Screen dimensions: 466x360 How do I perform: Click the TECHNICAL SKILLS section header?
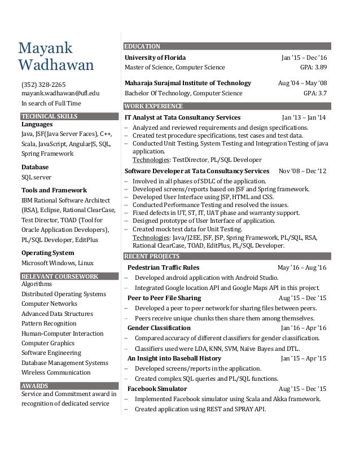pos(49,116)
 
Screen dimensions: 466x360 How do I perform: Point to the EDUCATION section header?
pos(142,46)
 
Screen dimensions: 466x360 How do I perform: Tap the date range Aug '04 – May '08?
pos(302,83)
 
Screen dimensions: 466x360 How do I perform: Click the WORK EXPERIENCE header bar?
pos(153,106)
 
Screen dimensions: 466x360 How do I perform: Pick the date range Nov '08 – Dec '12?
pos(302,170)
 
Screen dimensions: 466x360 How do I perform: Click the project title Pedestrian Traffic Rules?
pos(163,267)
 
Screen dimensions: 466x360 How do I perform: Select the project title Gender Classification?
pos(159,328)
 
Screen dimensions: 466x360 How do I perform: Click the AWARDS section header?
pos(34,386)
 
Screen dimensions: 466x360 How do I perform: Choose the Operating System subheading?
pos(47,253)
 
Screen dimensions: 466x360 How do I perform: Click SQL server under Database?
pos(36,177)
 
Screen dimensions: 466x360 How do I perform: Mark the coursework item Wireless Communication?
pos(56,372)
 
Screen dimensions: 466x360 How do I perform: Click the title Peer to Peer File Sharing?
pos(164,298)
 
